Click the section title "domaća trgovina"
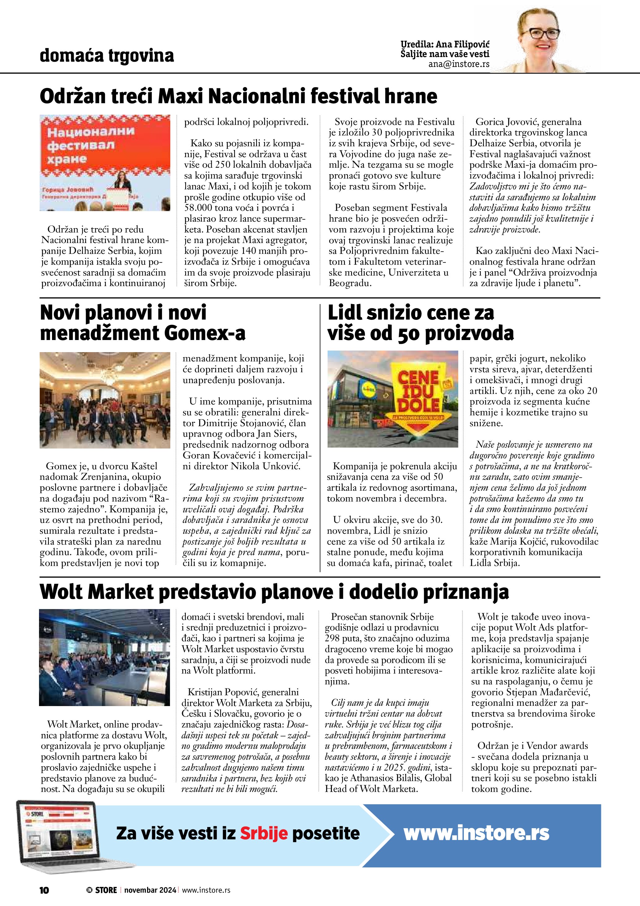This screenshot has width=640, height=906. point(107,56)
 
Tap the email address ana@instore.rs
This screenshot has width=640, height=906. point(459,64)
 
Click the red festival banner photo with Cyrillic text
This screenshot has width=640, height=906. point(105,163)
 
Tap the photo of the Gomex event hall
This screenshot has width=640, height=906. point(105,400)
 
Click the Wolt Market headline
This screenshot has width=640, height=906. point(274,592)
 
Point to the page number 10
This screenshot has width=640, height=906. point(44,890)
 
